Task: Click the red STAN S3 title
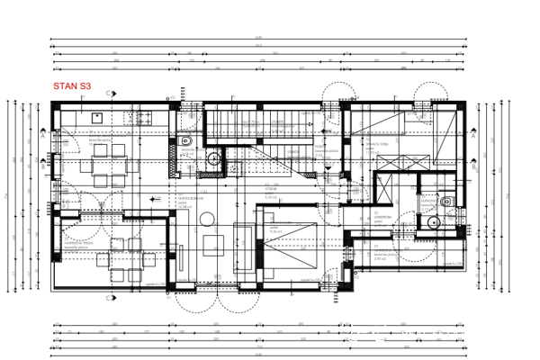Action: click(x=72, y=85)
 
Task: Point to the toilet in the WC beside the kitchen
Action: click(x=185, y=141)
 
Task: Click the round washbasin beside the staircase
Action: click(x=214, y=159)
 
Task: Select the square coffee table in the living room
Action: click(x=213, y=242)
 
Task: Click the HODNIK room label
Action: click(x=269, y=192)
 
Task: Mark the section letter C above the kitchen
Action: click(x=108, y=93)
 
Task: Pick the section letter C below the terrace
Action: click(x=108, y=297)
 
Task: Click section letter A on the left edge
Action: click(x=42, y=138)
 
